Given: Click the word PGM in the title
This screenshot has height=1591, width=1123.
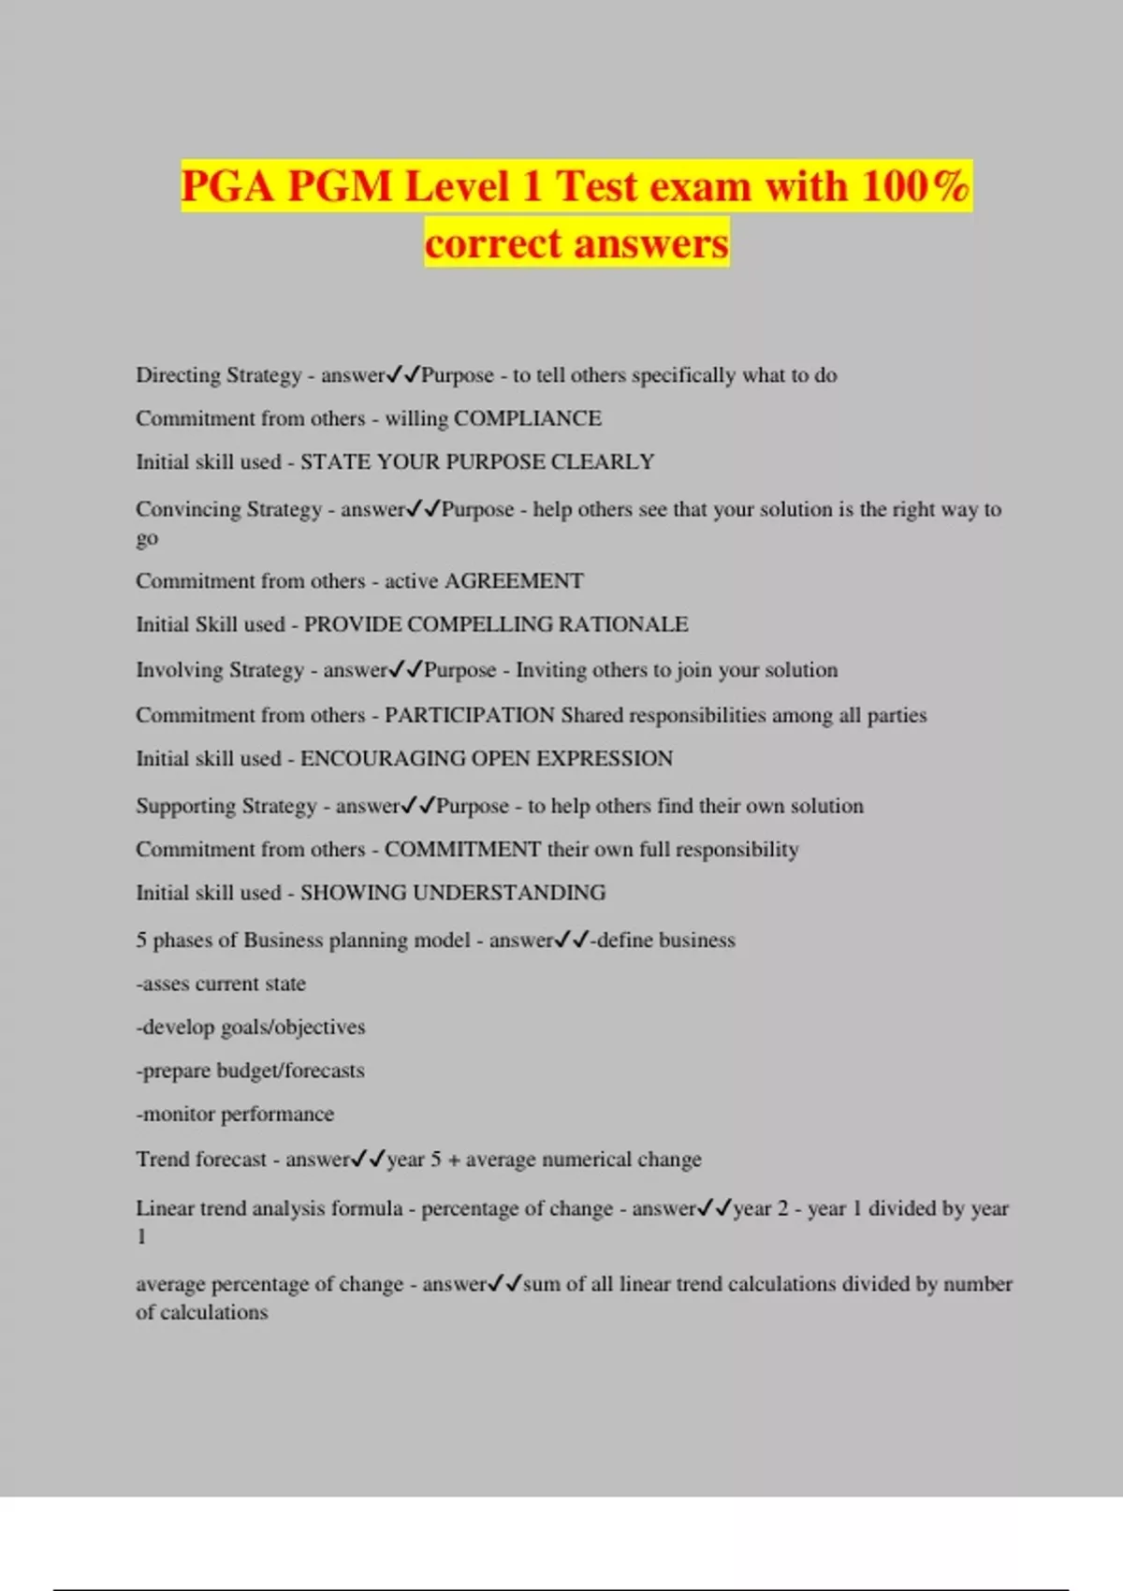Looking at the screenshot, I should coord(340,185).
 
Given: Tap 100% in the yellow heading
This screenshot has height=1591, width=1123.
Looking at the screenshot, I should coord(915,185).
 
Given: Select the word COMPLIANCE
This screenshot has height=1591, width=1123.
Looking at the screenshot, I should coord(527,418).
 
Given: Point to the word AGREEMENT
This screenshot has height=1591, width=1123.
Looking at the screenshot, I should coord(514,581).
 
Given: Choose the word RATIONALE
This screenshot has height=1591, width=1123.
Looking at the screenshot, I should coord(623,624).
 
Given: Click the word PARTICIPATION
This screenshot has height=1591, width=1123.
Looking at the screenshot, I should coord(470,715).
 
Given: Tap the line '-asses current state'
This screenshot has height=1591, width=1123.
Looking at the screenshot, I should coord(221,984).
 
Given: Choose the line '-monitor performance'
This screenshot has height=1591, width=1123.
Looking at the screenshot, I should coord(235,1114).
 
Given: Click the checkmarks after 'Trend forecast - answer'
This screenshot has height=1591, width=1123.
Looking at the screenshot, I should coord(368,1160).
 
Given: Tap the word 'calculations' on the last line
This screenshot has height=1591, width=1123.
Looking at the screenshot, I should coord(214,1312).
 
